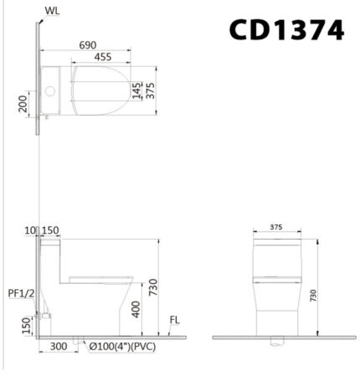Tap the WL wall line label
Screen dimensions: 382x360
52,12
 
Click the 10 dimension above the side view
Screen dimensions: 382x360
31,230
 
